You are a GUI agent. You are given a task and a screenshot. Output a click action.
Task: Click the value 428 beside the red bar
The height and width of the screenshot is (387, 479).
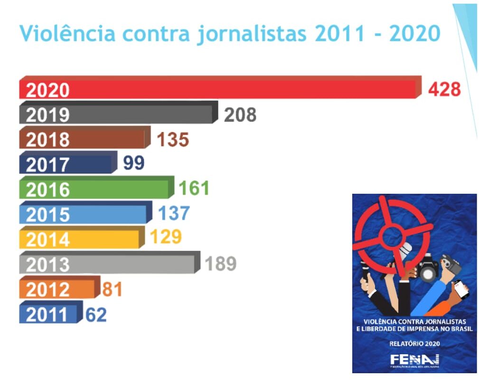tap(444, 89)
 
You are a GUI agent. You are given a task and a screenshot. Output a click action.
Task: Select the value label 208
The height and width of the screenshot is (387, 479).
tap(240, 114)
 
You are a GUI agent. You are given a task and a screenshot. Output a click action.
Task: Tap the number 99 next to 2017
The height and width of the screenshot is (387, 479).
tap(133, 163)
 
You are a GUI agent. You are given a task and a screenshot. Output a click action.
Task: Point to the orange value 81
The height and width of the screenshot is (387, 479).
tap(112, 289)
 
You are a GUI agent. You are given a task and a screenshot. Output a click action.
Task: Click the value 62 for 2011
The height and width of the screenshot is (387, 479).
tap(96, 314)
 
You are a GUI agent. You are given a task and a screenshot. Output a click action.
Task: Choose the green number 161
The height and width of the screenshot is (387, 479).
tap(194, 189)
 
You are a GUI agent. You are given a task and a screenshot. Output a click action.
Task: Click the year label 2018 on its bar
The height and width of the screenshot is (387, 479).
tap(47, 140)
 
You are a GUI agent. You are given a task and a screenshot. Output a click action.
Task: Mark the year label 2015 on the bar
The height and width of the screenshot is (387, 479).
tap(47, 214)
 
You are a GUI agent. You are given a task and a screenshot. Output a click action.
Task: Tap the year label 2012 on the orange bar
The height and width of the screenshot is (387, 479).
tap(47, 289)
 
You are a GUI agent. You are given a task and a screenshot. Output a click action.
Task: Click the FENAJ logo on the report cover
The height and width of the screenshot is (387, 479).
tap(414, 360)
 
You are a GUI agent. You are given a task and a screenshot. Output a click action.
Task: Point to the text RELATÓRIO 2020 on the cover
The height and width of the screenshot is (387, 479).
tap(414, 343)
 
